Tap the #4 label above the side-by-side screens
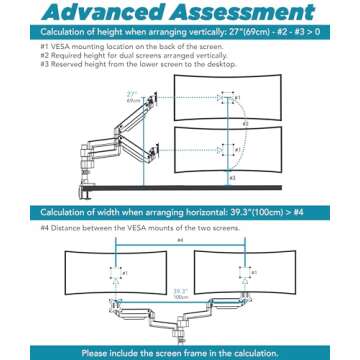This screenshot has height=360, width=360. point(179,240)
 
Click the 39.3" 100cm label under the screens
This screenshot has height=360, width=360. point(179,294)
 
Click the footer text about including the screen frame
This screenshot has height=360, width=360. point(180,352)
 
